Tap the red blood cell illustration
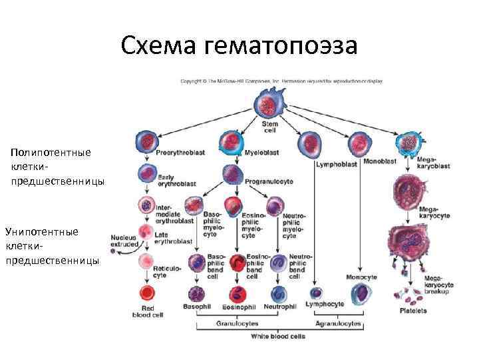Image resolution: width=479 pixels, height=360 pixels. [146, 293]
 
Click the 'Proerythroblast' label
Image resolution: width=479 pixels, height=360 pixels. [180, 153]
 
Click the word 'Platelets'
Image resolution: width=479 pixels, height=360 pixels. [413, 311]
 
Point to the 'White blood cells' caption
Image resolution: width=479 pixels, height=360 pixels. [278, 337]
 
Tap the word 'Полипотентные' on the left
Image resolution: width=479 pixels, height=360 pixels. [51, 153]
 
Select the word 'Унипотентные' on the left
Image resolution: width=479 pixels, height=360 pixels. [42, 231]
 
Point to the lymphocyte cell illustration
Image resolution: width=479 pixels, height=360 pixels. [317, 293]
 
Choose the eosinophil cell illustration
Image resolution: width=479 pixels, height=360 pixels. [237, 293]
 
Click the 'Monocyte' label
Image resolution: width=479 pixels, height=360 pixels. [362, 277]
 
